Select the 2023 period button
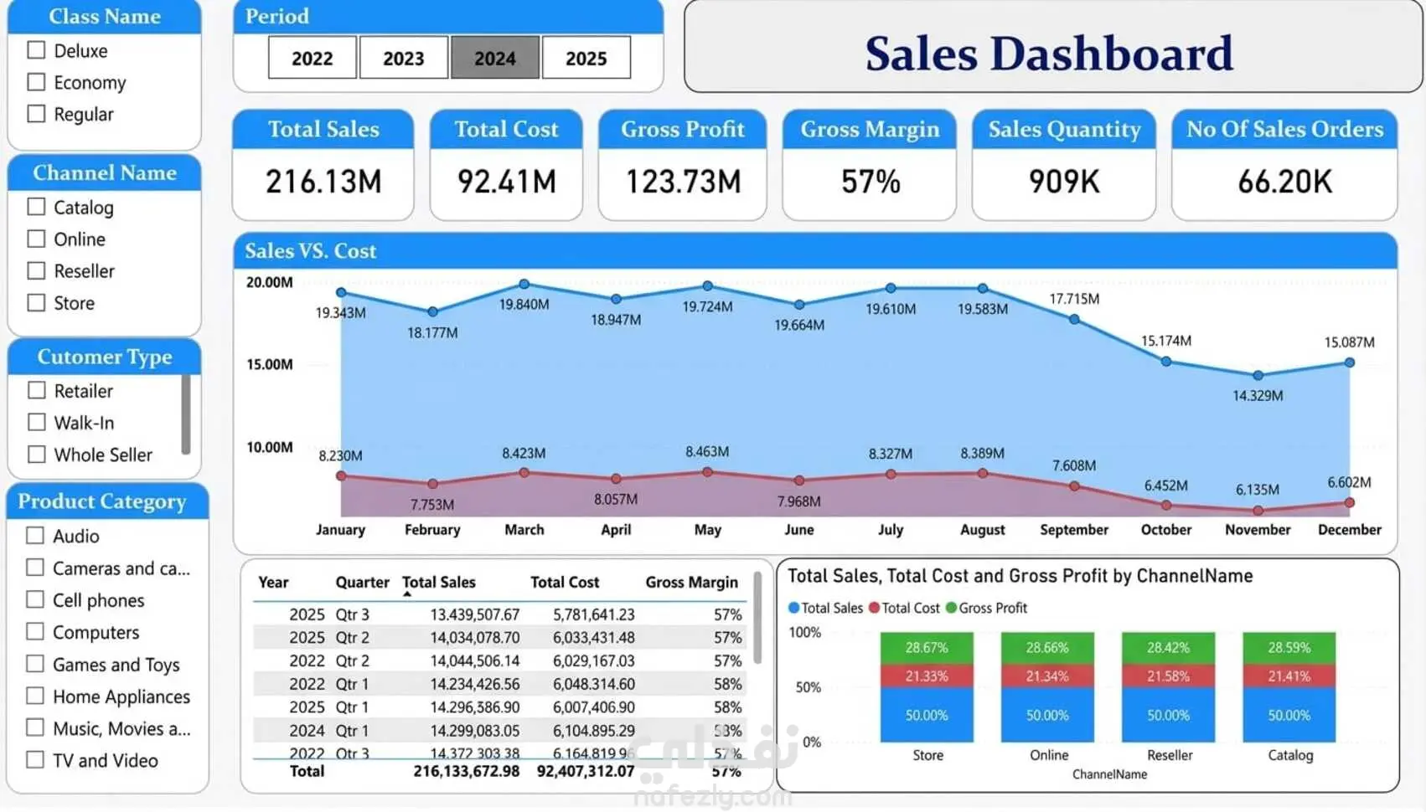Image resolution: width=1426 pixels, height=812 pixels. click(403, 58)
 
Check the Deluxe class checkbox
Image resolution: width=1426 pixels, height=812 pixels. click(36, 50)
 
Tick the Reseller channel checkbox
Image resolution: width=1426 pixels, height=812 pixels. click(36, 270)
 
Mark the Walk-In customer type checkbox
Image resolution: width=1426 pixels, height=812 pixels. click(36, 422)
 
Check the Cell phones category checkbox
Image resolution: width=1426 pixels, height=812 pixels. click(35, 599)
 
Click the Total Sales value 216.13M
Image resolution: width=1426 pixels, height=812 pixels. click(323, 182)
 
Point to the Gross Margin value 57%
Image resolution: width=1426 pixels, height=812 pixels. click(871, 182)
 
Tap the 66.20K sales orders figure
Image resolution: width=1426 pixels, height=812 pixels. click(1284, 182)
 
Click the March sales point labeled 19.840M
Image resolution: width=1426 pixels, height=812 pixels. click(524, 285)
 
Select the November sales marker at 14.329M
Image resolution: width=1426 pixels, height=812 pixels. click(1258, 376)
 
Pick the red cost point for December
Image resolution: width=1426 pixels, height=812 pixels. click(1349, 503)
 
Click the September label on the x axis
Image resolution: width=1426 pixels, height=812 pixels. click(1074, 530)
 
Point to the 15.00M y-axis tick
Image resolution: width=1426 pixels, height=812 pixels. click(270, 364)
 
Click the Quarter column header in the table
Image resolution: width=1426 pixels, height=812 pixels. click(362, 582)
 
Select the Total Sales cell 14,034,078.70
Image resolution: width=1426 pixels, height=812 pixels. click(474, 637)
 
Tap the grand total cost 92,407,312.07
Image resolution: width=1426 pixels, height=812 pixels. click(586, 771)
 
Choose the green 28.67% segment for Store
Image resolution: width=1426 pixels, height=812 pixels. click(927, 648)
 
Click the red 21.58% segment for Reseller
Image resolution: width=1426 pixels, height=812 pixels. click(1168, 676)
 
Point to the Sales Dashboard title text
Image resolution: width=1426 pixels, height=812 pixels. click(1049, 54)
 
